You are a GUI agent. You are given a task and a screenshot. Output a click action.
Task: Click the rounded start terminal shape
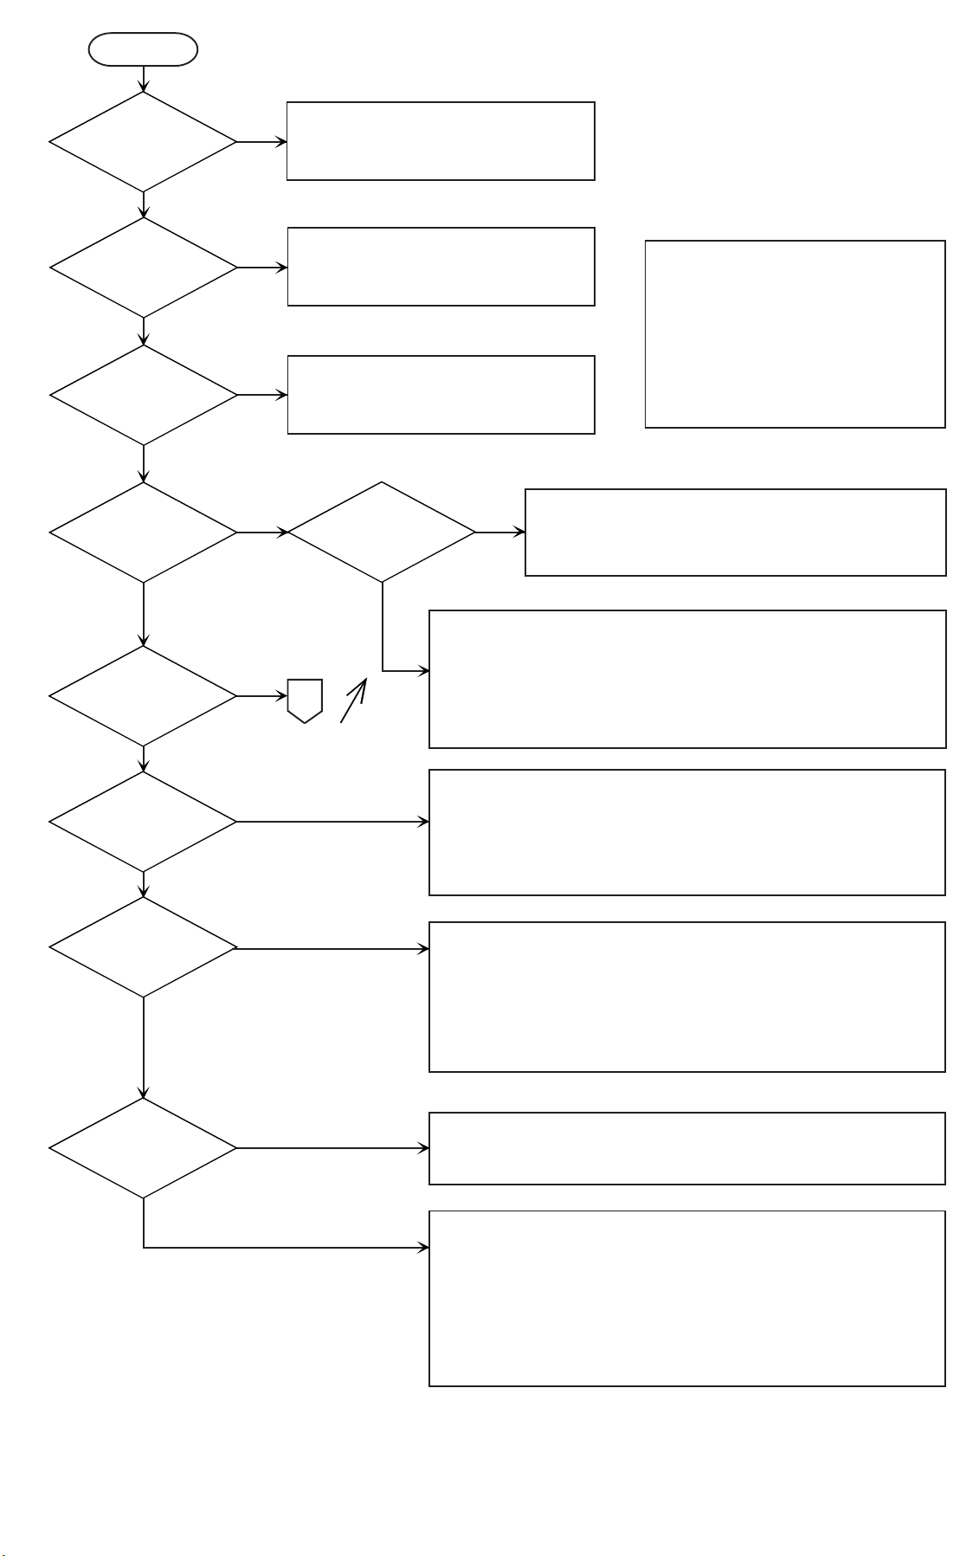coord(143,49)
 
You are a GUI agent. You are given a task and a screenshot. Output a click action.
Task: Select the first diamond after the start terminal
coord(143,142)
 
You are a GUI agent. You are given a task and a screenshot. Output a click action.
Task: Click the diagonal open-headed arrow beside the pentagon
coord(353,701)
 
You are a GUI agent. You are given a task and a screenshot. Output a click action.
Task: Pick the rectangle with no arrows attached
coord(795,334)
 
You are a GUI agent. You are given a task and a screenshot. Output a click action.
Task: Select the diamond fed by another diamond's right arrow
coord(382,532)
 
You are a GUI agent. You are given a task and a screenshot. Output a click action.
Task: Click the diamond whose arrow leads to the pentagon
coord(143,696)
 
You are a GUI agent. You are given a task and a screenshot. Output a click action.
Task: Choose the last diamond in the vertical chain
coord(143,1148)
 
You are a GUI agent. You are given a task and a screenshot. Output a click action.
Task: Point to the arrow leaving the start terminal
coord(143,79)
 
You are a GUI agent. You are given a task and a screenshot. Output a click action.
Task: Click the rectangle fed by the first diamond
coord(441,141)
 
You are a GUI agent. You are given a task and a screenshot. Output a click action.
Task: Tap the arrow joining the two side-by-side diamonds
coord(262,533)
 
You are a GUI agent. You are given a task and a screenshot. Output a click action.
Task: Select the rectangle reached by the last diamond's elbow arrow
coord(686,1298)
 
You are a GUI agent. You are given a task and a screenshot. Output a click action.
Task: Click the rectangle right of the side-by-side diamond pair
coord(735,533)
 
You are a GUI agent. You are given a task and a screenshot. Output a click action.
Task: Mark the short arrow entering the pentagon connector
coord(262,696)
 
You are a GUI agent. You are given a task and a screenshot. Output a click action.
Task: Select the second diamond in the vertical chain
coord(143,268)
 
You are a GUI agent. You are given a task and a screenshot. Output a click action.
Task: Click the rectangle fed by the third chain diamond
coord(441,395)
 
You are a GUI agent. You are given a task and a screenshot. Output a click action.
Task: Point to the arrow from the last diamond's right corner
coord(332,1148)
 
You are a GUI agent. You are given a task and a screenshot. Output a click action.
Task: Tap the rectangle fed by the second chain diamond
coord(441,267)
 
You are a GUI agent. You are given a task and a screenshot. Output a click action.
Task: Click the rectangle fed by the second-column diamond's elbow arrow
coord(686,679)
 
